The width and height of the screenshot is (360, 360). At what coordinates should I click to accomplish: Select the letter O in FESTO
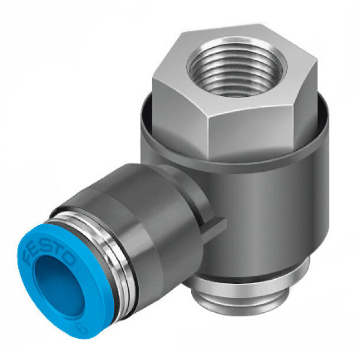click(x=68, y=261)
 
